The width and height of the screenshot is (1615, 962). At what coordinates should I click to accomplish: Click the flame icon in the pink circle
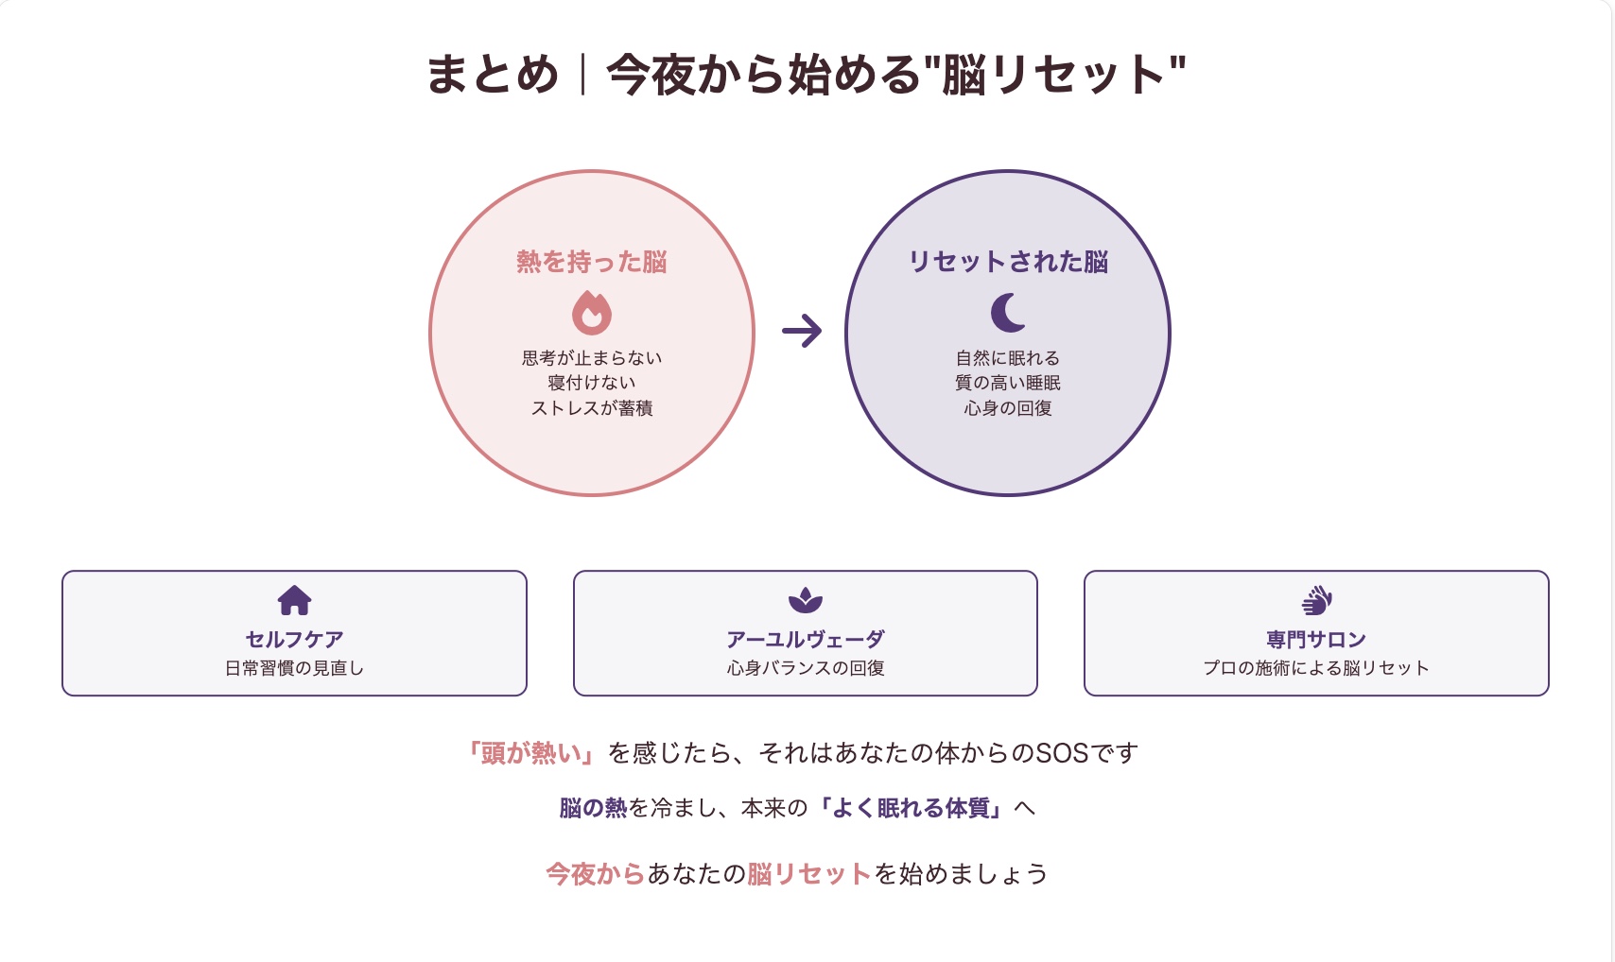point(592,313)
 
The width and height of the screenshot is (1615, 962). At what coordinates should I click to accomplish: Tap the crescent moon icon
point(1006,313)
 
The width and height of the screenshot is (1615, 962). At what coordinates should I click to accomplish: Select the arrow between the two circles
point(802,331)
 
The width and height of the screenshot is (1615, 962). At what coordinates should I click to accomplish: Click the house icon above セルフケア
point(294,600)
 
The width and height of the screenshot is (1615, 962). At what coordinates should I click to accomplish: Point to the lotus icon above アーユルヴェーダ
point(806,600)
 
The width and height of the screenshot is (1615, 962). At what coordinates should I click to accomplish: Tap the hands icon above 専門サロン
point(1316,600)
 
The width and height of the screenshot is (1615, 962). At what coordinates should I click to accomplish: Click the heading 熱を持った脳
point(592,262)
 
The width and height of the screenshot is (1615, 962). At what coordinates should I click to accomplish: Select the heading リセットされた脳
point(1008,262)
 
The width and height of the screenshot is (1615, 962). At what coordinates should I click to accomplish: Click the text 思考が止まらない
point(592,358)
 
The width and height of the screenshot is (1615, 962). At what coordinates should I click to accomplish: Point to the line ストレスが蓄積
point(592,408)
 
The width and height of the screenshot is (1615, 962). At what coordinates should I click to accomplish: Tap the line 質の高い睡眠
point(1008,383)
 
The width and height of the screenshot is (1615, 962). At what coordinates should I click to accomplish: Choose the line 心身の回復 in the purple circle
point(1008,408)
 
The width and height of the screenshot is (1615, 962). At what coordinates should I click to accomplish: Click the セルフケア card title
point(294,639)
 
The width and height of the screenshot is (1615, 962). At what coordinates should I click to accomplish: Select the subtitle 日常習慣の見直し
point(294,668)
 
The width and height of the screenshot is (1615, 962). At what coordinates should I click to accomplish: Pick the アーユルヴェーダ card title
point(806,639)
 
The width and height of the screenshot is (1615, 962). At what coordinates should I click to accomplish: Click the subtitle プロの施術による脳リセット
point(1316,668)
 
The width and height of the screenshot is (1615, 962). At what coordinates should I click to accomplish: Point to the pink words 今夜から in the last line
point(595,874)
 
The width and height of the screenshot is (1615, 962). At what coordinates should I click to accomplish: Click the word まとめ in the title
point(493,75)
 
